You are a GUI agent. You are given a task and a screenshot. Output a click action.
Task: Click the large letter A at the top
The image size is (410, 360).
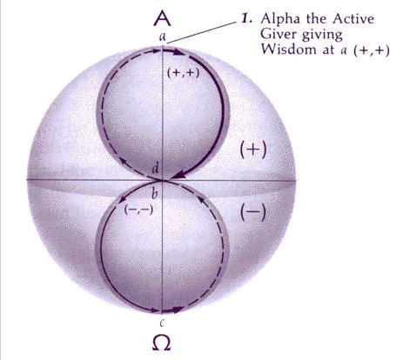(162, 18)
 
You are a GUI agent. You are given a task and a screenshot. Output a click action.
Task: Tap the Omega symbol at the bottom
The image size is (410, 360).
(161, 343)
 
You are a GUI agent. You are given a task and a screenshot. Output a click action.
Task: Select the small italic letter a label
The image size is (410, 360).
(163, 37)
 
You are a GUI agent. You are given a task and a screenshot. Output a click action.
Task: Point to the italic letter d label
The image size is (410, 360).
(155, 169)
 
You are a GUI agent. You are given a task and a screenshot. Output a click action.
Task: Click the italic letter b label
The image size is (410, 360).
(155, 193)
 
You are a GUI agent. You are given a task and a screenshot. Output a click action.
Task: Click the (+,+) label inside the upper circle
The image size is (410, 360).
(184, 73)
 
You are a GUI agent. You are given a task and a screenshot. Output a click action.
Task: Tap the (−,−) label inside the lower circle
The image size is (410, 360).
(138, 210)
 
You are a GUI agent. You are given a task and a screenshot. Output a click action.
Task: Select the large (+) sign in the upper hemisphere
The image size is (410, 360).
(253, 150)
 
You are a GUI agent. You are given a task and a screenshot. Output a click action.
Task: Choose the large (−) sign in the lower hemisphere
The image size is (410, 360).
(253, 212)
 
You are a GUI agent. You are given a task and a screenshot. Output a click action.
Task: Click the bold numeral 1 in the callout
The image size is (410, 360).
(247, 19)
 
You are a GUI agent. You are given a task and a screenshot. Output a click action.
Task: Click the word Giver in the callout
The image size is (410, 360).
(278, 34)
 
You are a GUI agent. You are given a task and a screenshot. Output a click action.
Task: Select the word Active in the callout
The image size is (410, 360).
(353, 19)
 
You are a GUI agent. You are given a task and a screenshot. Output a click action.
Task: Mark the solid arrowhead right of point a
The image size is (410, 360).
(178, 52)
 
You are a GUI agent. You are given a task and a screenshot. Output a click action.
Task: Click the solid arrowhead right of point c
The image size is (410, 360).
(177, 310)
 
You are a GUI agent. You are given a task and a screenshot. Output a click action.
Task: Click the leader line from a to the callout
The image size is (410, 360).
(202, 32)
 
